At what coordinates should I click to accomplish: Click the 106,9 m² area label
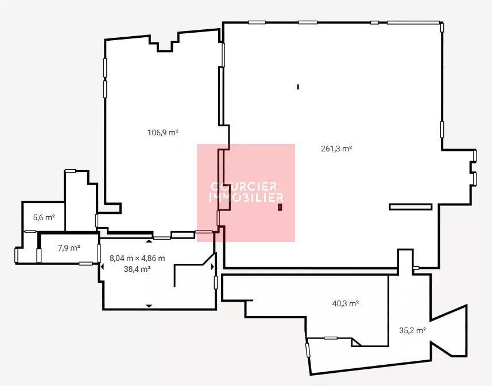coord(163,132)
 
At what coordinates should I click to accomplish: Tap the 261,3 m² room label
coord(336,149)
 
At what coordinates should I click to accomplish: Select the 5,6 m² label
coord(44,217)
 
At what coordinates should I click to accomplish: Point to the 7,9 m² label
coord(69,248)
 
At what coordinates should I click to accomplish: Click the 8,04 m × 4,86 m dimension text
coord(137,258)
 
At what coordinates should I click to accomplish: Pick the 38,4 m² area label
coord(137,269)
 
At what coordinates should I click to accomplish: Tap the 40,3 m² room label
coord(346,303)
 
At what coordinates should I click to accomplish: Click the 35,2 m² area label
coord(412,330)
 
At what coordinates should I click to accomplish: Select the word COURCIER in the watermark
coord(244,186)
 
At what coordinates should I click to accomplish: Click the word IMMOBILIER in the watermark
coord(246,197)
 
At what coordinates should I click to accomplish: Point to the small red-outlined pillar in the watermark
coord(280,207)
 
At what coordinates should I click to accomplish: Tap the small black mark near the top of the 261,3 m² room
coord(298,87)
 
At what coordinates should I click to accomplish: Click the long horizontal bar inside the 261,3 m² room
coord(410,206)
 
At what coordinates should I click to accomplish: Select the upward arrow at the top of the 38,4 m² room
coord(149,241)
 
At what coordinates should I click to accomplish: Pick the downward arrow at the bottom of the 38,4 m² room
coord(149,306)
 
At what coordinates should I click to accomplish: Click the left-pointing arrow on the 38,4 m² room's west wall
coord(102,267)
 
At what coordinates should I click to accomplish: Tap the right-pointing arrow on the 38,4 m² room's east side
coord(212,267)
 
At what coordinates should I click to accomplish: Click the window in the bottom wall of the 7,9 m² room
coord(86,264)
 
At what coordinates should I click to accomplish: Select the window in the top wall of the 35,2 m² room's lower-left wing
coord(331,338)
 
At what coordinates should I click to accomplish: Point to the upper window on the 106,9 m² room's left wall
coord(105,68)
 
